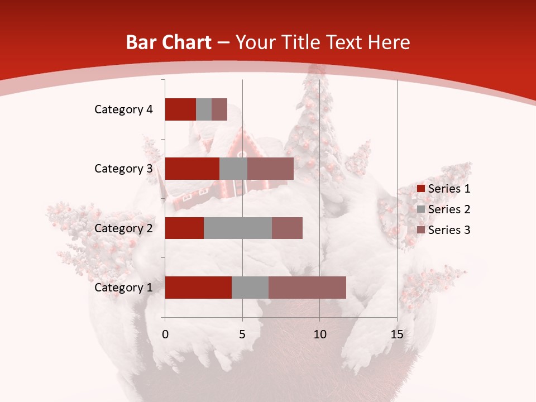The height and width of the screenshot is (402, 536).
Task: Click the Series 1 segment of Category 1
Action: [198, 288]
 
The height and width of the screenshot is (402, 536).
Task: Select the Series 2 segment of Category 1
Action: [250, 288]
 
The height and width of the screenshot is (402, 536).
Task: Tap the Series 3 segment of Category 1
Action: [307, 288]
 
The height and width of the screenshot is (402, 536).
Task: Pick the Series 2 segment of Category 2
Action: [238, 228]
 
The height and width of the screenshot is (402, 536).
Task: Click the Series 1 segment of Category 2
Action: [184, 228]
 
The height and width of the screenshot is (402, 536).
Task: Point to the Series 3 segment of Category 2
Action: [287, 228]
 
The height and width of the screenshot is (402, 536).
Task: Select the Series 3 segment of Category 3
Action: [270, 169]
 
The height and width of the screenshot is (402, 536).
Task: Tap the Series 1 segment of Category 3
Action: [192, 169]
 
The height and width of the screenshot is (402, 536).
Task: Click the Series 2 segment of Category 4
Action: [204, 109]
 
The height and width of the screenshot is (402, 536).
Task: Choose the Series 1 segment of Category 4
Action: [180, 109]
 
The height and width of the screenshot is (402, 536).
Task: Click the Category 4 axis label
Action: [123, 109]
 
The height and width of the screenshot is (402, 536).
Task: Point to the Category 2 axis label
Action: [123, 228]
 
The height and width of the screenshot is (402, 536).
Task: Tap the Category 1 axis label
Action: [123, 288]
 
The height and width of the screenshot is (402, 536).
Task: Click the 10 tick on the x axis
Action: [319, 334]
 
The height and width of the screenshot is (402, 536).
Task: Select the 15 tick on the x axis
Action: [396, 334]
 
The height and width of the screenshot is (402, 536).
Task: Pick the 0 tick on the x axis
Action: [165, 334]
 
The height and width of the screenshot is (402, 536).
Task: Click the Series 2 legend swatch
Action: [420, 209]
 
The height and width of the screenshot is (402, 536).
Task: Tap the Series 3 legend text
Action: [449, 230]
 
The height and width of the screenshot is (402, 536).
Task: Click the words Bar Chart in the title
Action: [169, 42]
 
